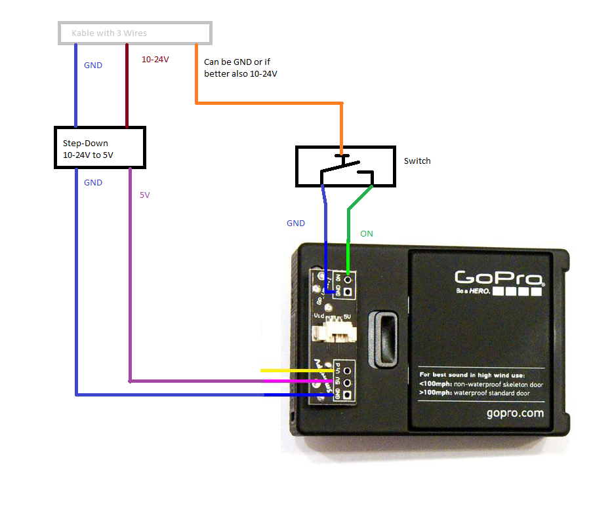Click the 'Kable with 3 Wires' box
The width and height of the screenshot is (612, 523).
135,33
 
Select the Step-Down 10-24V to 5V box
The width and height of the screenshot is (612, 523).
99,147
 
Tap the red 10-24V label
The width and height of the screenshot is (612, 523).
155,60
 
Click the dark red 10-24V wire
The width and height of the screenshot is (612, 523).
126,85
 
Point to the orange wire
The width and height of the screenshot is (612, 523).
269,103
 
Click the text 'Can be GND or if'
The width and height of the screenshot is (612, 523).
237,62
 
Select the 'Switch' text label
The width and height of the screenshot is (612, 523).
417,161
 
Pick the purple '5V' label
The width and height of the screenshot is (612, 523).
144,195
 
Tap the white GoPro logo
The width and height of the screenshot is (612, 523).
499,278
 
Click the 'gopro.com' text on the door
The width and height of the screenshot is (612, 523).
515,414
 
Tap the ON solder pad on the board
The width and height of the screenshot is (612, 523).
348,278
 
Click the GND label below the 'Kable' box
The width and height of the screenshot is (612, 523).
93,66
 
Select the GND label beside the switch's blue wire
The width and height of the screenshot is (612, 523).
296,223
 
